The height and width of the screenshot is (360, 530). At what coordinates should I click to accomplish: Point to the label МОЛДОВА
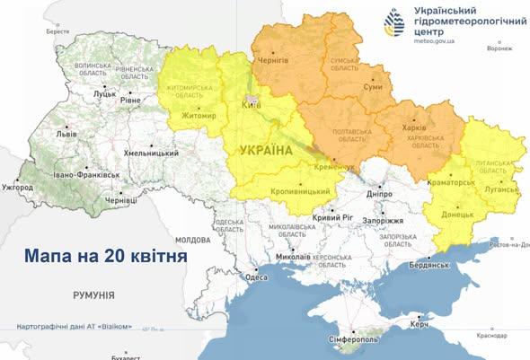(x=192, y=241)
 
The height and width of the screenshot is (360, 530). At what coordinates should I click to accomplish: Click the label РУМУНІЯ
(x=93, y=294)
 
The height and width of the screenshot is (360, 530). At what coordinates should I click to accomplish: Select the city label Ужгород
(x=17, y=188)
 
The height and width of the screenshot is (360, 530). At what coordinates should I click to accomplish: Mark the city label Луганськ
(x=501, y=190)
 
